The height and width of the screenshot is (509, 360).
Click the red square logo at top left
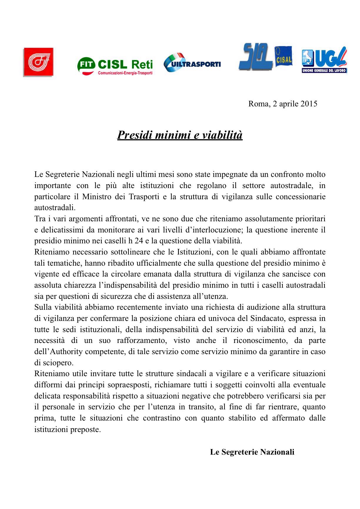tap(38, 62)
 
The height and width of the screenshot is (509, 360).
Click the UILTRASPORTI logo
tap(192, 63)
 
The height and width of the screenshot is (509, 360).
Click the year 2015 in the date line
tap(309, 104)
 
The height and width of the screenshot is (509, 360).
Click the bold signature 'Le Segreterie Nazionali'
tap(252, 452)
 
